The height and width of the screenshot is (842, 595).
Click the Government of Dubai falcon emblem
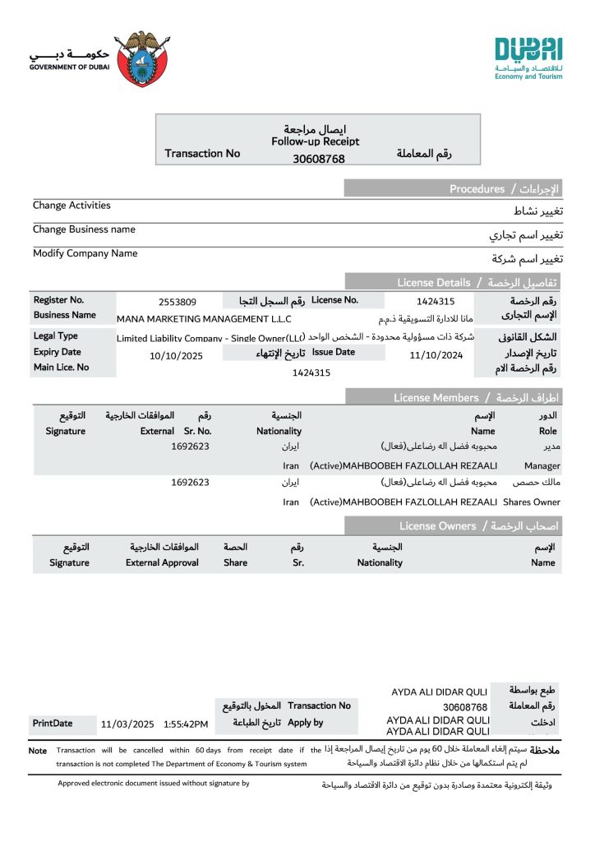tap(143, 58)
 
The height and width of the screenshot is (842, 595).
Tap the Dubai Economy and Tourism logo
tap(528, 58)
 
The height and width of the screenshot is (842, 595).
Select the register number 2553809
tap(177, 302)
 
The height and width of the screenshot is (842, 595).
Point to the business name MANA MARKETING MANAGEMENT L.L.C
tap(204, 319)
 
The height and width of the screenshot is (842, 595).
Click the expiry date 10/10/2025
tap(176, 356)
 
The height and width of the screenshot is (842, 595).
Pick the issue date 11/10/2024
tap(436, 355)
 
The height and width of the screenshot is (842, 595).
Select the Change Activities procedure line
tap(71, 206)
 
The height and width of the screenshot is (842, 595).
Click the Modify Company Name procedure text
tap(85, 253)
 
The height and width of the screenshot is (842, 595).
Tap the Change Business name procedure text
tap(84, 229)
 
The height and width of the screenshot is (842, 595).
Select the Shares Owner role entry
tap(531, 502)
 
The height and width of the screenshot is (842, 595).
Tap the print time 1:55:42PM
tap(186, 724)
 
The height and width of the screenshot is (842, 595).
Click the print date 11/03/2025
tap(127, 724)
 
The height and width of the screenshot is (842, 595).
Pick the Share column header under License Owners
tap(235, 562)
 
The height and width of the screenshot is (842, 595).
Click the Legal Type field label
tap(56, 336)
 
